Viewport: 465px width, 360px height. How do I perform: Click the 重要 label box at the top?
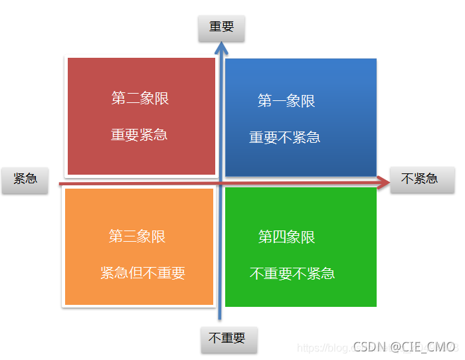[x=222, y=28]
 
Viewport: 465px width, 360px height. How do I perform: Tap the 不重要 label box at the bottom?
[x=227, y=339]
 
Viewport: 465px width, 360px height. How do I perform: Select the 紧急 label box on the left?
[x=25, y=179]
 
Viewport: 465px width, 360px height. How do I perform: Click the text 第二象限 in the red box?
[x=140, y=99]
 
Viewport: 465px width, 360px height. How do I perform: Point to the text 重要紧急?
[x=139, y=135]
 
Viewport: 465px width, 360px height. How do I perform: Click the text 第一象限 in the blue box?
[x=286, y=101]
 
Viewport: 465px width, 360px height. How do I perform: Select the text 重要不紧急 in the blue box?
[x=284, y=137]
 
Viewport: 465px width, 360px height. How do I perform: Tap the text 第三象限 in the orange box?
[x=138, y=236]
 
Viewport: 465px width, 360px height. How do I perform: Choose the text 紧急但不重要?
[x=143, y=273]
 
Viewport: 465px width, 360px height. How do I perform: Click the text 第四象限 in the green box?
[x=286, y=237]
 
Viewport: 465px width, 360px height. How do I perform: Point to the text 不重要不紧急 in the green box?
[x=292, y=273]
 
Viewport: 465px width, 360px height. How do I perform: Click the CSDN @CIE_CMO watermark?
[x=403, y=347]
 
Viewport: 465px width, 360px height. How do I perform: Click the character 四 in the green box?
[x=280, y=237]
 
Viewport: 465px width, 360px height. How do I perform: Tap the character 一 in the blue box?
[x=279, y=101]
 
